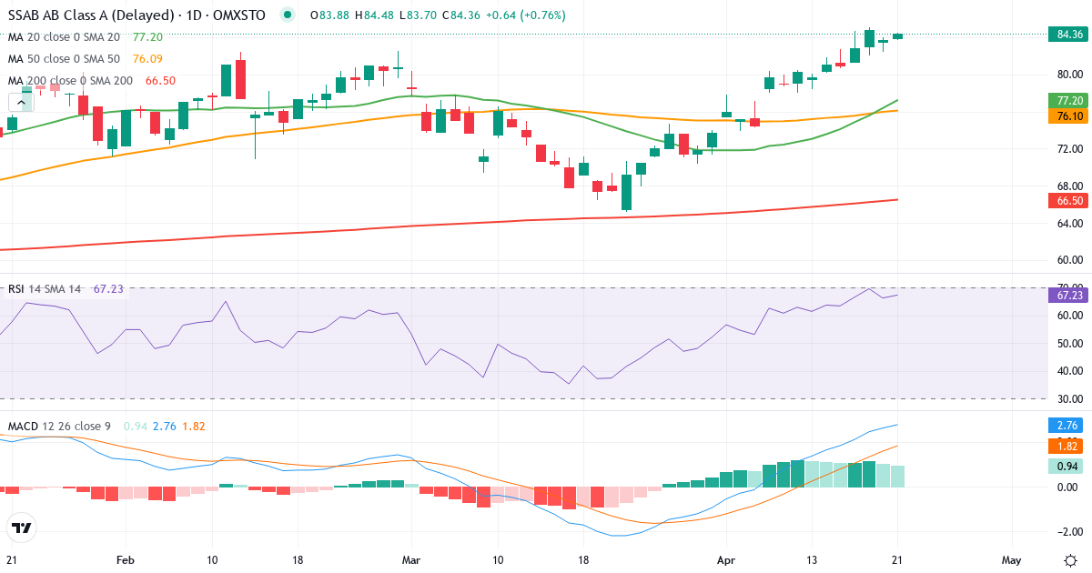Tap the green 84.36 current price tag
pyautogui.click(x=1069, y=35)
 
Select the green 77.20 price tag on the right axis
pyautogui.click(x=1069, y=100)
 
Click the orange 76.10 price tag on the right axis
pyautogui.click(x=1069, y=116)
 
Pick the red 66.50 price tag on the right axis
pyautogui.click(x=1069, y=200)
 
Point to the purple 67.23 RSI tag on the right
pyautogui.click(x=1069, y=295)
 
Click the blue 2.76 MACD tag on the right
pyautogui.click(x=1069, y=425)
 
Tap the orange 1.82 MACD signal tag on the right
pyautogui.click(x=1069, y=446)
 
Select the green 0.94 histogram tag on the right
pyautogui.click(x=1069, y=467)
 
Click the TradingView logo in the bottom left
pyautogui.click(x=21, y=528)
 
